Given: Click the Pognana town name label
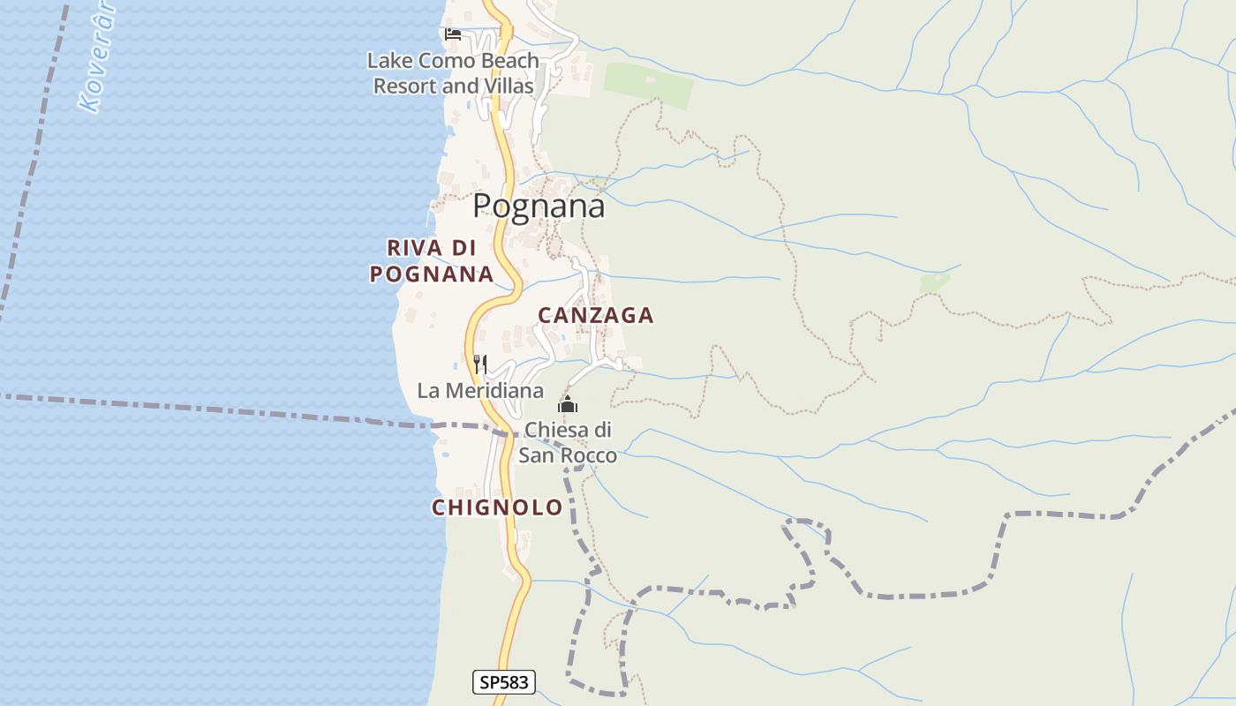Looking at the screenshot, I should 539,206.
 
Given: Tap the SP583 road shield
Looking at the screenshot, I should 504,682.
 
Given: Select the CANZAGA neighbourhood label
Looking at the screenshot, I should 596,315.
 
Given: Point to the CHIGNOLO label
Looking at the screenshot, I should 497,507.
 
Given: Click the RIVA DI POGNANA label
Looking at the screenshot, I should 432,260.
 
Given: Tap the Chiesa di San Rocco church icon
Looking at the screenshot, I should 567,405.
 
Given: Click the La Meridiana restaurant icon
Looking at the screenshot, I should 480,363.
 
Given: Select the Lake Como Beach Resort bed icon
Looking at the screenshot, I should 453,34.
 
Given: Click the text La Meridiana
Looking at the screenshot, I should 480,390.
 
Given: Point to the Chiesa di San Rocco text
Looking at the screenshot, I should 568,442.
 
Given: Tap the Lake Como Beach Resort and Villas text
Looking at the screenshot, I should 453,73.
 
